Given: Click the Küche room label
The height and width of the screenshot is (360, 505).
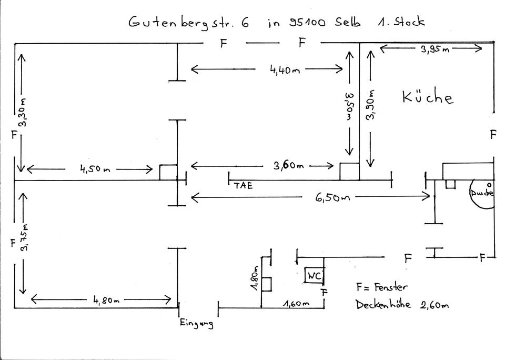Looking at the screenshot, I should pos(427,97).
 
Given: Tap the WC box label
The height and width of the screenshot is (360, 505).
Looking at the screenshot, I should pos(314,275).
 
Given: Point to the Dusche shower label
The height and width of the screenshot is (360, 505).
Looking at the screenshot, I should pos(482,193).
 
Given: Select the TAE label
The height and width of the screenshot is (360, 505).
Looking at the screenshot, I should pos(243,185).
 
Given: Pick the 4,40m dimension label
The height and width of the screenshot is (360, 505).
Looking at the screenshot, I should pos(285,70).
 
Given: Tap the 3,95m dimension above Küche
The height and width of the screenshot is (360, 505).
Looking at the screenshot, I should pos(434,49).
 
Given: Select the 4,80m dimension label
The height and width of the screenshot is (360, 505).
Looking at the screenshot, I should pos(107,301).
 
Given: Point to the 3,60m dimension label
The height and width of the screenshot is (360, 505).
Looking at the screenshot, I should pos(288,166).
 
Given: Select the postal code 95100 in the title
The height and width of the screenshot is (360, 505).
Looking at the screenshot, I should pos(307,23).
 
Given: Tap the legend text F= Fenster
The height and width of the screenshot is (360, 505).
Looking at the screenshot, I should pos(381,287).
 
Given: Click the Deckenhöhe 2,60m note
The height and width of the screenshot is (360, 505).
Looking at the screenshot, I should pos(402,305).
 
